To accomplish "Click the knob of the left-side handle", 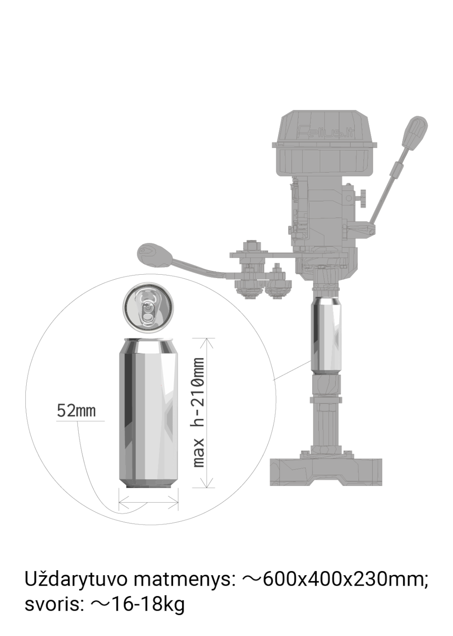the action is click(154, 255).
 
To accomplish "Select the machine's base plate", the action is click(326, 472).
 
